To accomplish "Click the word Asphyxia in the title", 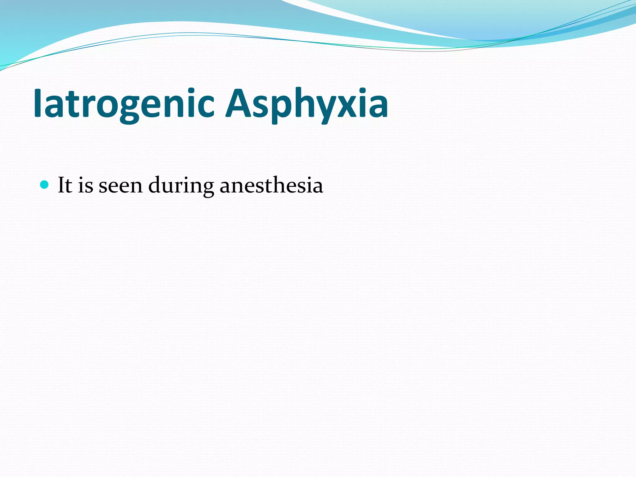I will pyautogui.click(x=307, y=103).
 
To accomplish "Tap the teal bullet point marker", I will pyautogui.click(x=45, y=185).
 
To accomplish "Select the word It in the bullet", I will pyautogui.click(x=65, y=185).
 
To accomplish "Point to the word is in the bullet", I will pyautogui.click(x=85, y=185).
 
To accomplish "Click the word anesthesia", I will pyautogui.click(x=271, y=185).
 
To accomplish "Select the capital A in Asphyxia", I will pyautogui.click(x=238, y=103).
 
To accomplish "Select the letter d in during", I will pyautogui.click(x=156, y=185).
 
